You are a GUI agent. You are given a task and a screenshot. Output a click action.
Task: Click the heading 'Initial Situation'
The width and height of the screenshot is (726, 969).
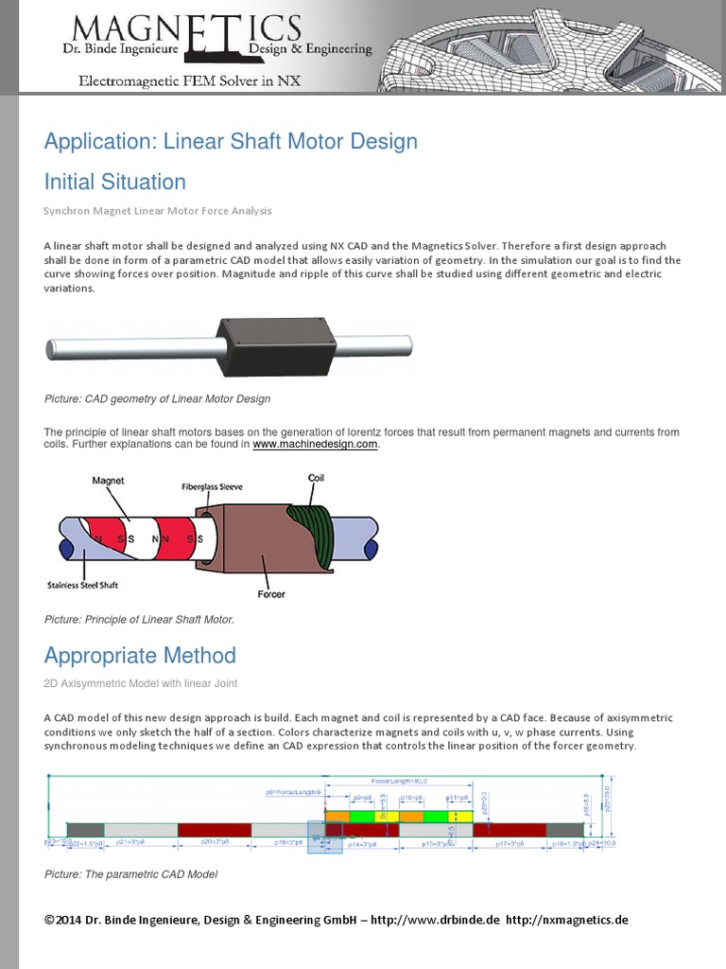tap(115, 182)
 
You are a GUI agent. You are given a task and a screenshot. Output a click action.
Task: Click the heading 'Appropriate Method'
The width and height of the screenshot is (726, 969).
tap(140, 656)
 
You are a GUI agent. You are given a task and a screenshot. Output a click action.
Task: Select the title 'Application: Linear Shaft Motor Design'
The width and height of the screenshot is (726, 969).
tap(231, 142)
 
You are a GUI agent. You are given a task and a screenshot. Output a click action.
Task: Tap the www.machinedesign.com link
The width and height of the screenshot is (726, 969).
tap(316, 444)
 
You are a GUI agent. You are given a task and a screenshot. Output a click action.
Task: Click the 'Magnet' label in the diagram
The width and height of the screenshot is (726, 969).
tap(108, 481)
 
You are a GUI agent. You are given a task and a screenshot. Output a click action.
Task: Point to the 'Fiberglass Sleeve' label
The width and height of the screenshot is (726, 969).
tap(212, 486)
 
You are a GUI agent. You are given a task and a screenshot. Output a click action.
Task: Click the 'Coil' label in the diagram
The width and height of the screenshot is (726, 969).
tap(317, 478)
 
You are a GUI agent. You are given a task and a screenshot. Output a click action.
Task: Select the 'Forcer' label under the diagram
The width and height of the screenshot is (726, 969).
tap(271, 594)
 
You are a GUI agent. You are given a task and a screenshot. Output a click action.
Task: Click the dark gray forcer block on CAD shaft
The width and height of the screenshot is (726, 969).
tap(276, 345)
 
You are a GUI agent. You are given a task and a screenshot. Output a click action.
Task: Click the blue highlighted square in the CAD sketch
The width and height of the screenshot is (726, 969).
tap(325, 837)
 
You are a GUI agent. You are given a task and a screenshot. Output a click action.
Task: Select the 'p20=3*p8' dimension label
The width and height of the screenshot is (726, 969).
tap(216, 840)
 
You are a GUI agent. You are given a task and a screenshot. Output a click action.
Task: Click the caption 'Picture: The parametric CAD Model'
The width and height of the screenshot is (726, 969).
tap(130, 874)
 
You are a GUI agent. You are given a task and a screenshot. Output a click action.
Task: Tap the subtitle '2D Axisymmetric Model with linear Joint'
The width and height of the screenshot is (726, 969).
tap(140, 683)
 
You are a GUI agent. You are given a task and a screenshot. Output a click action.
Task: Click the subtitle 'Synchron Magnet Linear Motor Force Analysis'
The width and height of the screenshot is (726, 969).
tap(158, 210)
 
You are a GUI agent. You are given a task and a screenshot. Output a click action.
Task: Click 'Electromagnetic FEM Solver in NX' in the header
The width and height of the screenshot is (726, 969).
tap(189, 81)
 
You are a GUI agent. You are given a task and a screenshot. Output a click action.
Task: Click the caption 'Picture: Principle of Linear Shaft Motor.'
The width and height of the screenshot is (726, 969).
tap(139, 620)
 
